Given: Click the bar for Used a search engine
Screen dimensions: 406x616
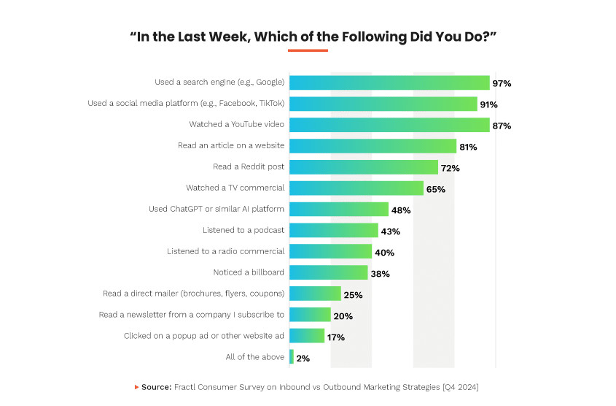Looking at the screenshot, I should [x=389, y=83].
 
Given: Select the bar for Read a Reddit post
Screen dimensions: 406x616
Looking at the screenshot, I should [x=364, y=167].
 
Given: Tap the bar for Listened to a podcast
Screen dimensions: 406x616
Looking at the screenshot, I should [x=334, y=231].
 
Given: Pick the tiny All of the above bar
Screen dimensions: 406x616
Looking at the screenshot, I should [x=292, y=357].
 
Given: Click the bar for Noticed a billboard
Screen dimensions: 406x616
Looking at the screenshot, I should [x=329, y=273].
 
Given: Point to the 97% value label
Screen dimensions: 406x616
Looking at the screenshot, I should [x=502, y=83].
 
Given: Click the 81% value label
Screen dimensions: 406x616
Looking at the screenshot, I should [x=468, y=147].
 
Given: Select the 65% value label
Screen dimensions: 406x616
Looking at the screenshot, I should [x=436, y=189].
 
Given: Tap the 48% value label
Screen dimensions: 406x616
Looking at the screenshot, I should [x=401, y=210].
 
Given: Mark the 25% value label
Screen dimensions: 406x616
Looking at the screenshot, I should [x=353, y=295].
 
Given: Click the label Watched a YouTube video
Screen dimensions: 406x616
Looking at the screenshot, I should [x=236, y=125].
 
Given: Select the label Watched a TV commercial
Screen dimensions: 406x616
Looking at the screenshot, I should [x=235, y=188].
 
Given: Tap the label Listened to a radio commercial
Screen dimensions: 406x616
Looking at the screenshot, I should [x=225, y=251].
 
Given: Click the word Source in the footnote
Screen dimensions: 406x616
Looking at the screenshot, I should [x=156, y=386].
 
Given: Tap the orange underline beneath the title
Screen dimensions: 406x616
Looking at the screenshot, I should [x=308, y=50].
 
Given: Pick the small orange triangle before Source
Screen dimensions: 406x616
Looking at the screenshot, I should [x=136, y=386].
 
